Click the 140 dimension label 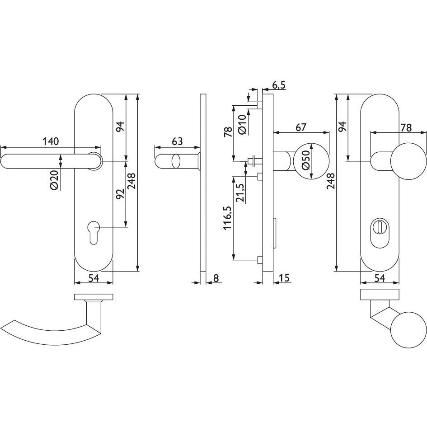[x=51, y=141]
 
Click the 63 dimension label [x=177, y=141]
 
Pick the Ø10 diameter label [x=242, y=124]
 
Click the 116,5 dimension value [x=228, y=218]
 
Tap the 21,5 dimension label [x=240, y=192]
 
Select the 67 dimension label [x=301, y=127]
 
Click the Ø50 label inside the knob [x=306, y=160]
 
